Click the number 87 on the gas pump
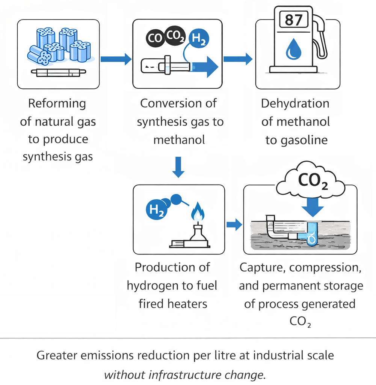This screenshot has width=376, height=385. click(x=294, y=20)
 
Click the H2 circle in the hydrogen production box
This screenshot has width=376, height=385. click(x=156, y=209)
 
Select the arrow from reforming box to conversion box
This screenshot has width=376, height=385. click(x=116, y=59)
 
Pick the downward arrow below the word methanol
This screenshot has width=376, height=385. click(x=178, y=167)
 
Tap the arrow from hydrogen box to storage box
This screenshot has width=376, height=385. click(x=234, y=224)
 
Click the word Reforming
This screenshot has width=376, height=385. click(x=57, y=103)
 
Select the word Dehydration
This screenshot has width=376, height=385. click(x=295, y=103)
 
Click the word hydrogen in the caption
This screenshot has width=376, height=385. click(x=150, y=285)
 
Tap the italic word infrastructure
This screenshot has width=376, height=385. click(x=180, y=375)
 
